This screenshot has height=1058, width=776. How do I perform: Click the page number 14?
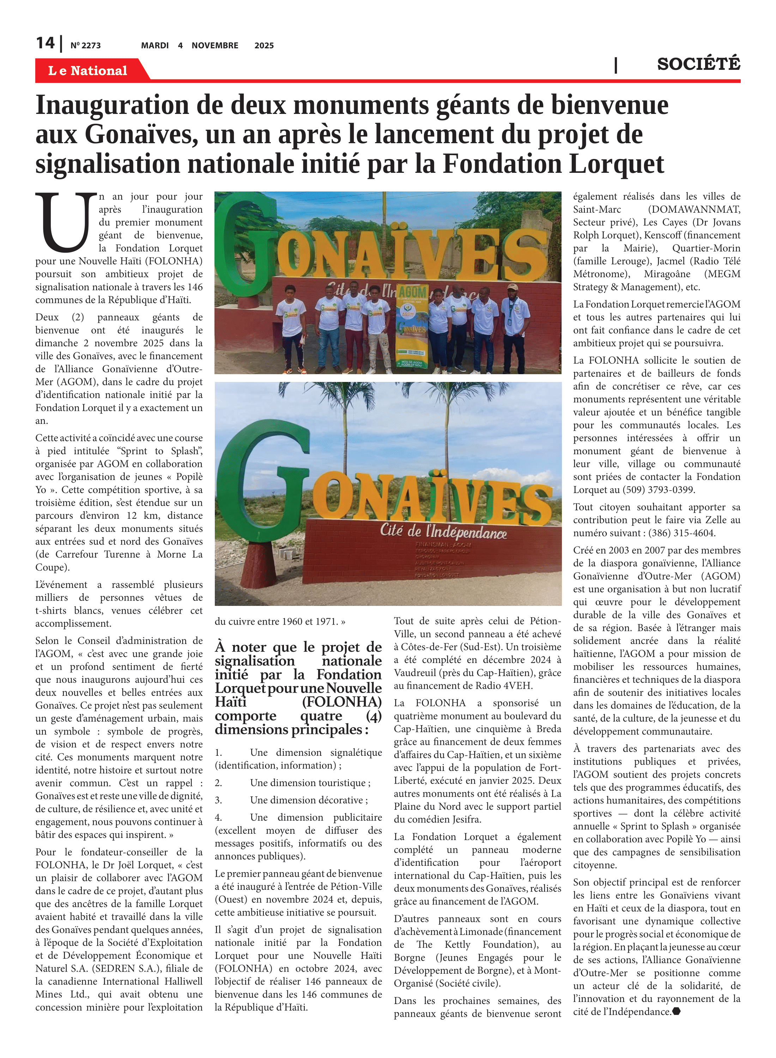point(45,43)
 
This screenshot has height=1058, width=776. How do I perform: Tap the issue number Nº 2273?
point(85,45)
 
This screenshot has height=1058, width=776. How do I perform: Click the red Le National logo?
point(88,71)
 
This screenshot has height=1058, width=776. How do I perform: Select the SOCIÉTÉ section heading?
point(698,64)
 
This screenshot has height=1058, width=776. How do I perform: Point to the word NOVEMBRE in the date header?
point(215,45)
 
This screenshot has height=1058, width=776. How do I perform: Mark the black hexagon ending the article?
point(677,1011)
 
